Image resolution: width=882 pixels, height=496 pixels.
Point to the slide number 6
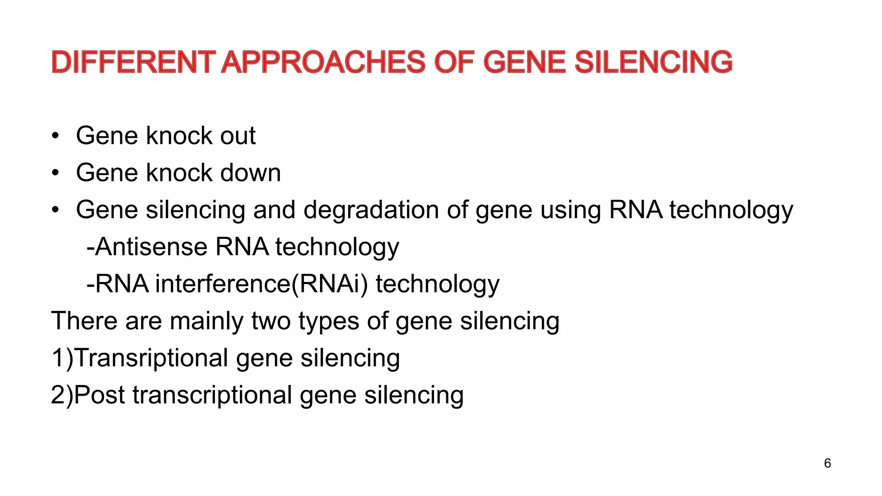click(x=827, y=463)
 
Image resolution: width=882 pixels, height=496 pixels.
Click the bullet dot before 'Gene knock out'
click(x=55, y=136)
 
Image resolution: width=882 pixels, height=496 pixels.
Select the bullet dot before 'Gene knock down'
click(x=55, y=174)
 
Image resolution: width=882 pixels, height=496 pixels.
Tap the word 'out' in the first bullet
click(x=238, y=136)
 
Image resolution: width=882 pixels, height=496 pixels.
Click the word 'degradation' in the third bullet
click(x=371, y=210)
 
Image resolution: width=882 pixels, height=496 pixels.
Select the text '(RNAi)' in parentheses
click(x=329, y=284)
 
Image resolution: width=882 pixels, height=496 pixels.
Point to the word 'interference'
click(x=223, y=284)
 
